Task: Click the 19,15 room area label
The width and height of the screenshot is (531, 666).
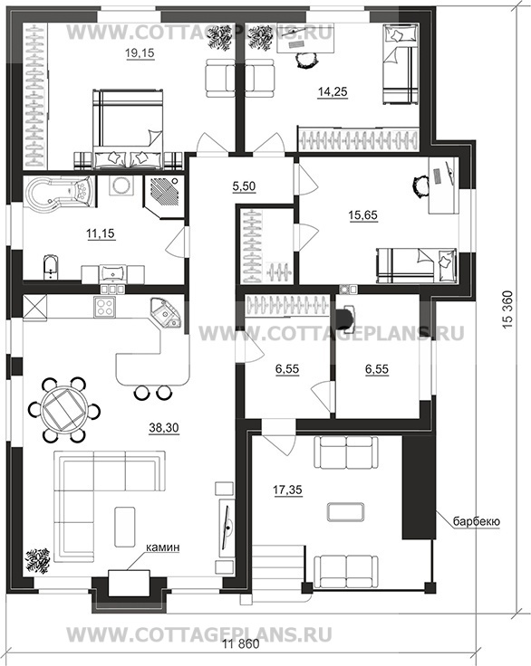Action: (x=140, y=53)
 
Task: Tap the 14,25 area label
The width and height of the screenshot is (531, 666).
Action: (x=333, y=91)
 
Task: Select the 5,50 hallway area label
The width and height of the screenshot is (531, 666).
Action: (x=245, y=186)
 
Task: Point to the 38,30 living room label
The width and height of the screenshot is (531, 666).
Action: (x=164, y=428)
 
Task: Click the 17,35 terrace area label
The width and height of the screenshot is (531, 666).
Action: (x=287, y=490)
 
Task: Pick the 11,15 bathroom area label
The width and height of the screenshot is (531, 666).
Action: (x=101, y=233)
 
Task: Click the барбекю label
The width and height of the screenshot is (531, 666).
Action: (x=476, y=521)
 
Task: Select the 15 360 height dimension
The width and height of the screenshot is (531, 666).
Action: (x=508, y=309)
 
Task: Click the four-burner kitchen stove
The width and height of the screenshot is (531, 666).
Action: (x=105, y=307)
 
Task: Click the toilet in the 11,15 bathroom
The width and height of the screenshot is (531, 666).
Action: (x=50, y=268)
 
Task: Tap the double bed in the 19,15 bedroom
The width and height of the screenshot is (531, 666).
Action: (x=128, y=129)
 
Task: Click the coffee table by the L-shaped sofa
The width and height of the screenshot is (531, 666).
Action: (x=125, y=527)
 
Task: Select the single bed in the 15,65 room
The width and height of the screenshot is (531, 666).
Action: (x=416, y=266)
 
